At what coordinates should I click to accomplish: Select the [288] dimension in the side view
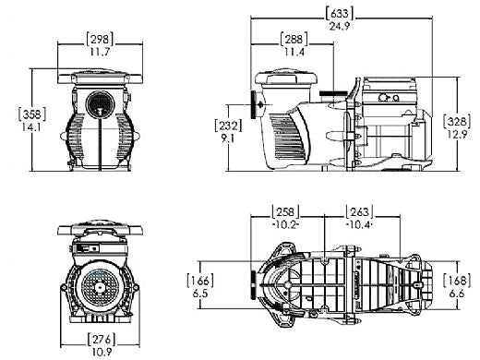(295, 40)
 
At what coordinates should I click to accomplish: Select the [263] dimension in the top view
(360, 211)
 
